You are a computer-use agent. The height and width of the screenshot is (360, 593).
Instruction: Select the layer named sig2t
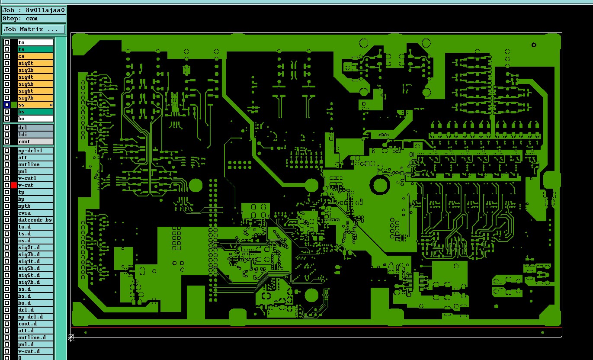coord(35,63)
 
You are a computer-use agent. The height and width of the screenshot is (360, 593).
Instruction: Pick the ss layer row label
coord(35,105)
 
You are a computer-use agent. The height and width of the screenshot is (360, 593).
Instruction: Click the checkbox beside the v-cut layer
coord(7,185)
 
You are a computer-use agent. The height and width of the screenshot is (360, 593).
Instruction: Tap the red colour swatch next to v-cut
coord(14,185)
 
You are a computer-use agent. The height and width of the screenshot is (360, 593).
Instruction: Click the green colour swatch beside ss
coord(14,105)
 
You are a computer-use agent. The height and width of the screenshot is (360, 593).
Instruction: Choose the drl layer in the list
coord(35,127)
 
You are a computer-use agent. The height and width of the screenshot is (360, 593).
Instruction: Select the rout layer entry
coord(35,141)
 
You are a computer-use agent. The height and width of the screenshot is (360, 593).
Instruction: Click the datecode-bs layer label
coord(35,220)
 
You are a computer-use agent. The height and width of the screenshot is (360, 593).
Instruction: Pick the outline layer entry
coord(35,164)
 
